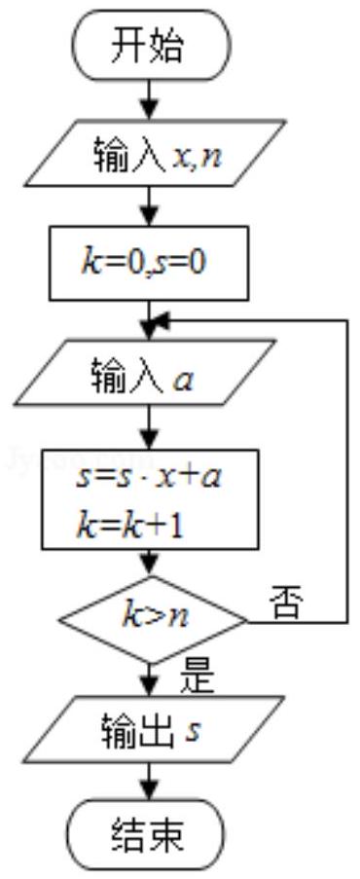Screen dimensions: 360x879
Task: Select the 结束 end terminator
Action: coord(149,834)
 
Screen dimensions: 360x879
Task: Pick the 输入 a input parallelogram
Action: coord(148,371)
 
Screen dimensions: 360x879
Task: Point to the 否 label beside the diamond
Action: coord(288,604)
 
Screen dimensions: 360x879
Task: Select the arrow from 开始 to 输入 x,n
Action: coord(150,98)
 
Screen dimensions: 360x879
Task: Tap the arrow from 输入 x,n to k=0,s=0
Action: coord(150,206)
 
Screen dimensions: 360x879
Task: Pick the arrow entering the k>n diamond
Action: coord(150,563)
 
